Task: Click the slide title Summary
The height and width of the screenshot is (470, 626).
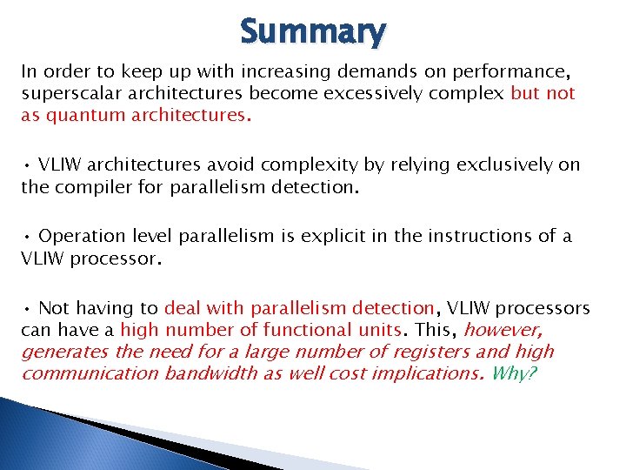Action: tap(312, 32)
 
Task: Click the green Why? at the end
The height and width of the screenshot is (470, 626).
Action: tap(513, 373)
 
